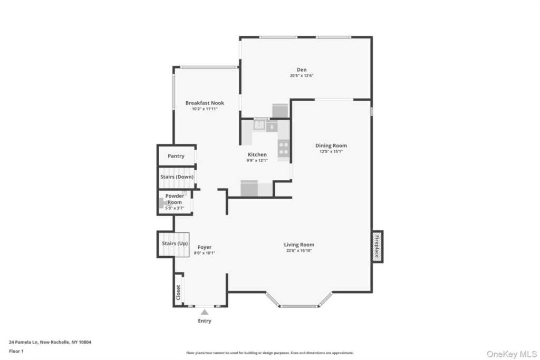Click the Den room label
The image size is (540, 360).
point(301,70)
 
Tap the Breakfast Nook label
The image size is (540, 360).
point(205,103)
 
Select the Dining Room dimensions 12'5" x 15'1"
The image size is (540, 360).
point(331,151)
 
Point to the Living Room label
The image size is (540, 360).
point(299,245)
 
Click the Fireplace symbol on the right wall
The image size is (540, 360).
point(377,247)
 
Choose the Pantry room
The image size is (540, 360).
point(176,156)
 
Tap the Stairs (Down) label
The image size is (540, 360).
point(177,177)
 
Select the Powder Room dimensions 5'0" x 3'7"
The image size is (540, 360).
point(175,208)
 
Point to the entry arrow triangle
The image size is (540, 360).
point(205,312)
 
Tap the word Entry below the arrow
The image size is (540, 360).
point(205,321)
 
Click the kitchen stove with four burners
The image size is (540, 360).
point(283,148)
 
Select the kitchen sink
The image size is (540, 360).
point(259,125)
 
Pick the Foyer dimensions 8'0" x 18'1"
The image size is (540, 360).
point(205,253)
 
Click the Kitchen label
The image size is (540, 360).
point(257,154)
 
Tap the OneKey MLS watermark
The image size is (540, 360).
point(512,354)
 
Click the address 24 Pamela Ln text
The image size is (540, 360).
point(50,342)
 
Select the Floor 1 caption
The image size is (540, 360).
point(16,352)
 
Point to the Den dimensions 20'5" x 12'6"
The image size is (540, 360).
point(301,76)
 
